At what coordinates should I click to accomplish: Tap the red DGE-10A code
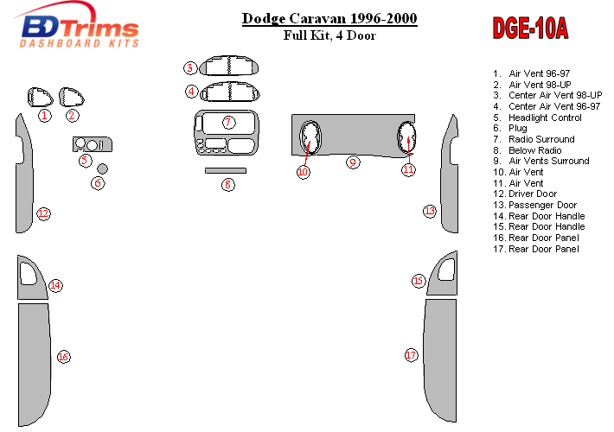tap(530, 29)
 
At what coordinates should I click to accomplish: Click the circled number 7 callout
tap(228, 123)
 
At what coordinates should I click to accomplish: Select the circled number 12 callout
tap(42, 213)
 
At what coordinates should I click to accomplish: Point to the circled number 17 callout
tap(411, 355)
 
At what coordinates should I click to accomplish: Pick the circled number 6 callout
tap(98, 183)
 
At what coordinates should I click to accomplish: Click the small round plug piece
tap(102, 168)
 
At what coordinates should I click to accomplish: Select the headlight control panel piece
tap(92, 144)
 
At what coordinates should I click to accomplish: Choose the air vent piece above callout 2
tap(72, 96)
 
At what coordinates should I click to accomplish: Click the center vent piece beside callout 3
tap(230, 67)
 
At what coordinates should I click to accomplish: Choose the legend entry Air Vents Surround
tap(548, 161)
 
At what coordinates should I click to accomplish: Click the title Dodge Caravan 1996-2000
tap(329, 18)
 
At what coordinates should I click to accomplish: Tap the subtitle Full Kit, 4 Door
tap(329, 35)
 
